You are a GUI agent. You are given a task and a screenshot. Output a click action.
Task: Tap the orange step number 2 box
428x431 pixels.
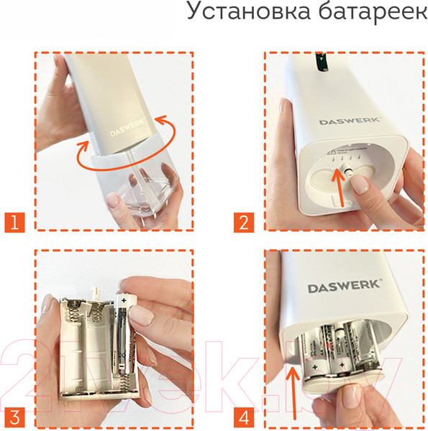point(245,220)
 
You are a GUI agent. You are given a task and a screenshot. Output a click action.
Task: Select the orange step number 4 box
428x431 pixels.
point(245,415)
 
